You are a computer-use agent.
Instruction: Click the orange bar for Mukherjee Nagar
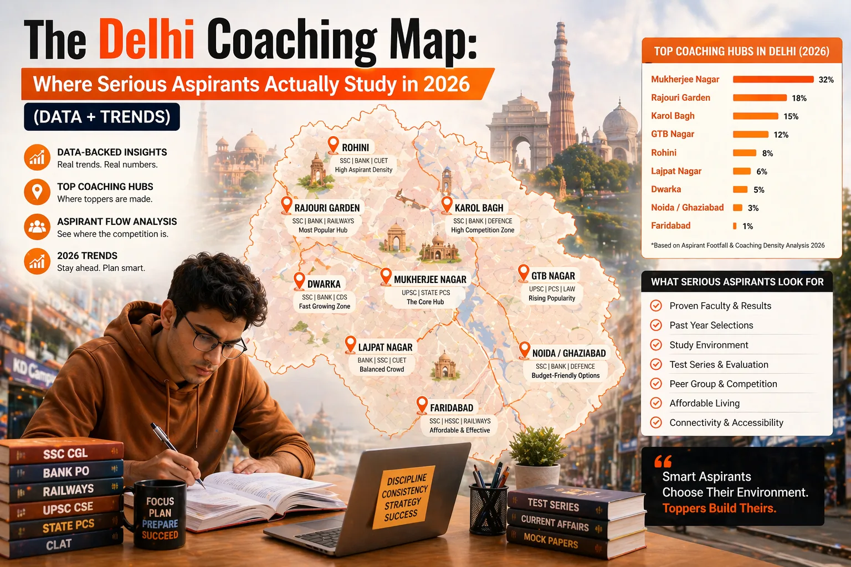click(773, 79)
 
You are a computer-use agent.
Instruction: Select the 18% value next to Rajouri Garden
click(799, 98)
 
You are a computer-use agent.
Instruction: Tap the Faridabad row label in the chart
click(670, 225)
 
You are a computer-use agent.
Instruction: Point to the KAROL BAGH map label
click(479, 208)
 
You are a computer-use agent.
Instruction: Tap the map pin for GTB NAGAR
click(523, 272)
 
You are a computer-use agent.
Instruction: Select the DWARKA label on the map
click(324, 284)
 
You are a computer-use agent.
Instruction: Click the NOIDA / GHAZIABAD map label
click(568, 353)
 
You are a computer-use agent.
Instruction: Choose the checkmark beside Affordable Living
click(656, 403)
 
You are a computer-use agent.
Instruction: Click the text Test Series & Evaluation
click(719, 364)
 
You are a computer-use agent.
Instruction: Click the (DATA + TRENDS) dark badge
click(102, 117)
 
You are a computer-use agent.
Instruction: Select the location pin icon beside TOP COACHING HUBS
click(37, 192)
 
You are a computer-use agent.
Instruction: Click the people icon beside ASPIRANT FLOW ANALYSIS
click(37, 227)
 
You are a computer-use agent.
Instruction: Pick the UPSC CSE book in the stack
click(66, 508)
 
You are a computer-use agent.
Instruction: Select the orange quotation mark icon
click(663, 461)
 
